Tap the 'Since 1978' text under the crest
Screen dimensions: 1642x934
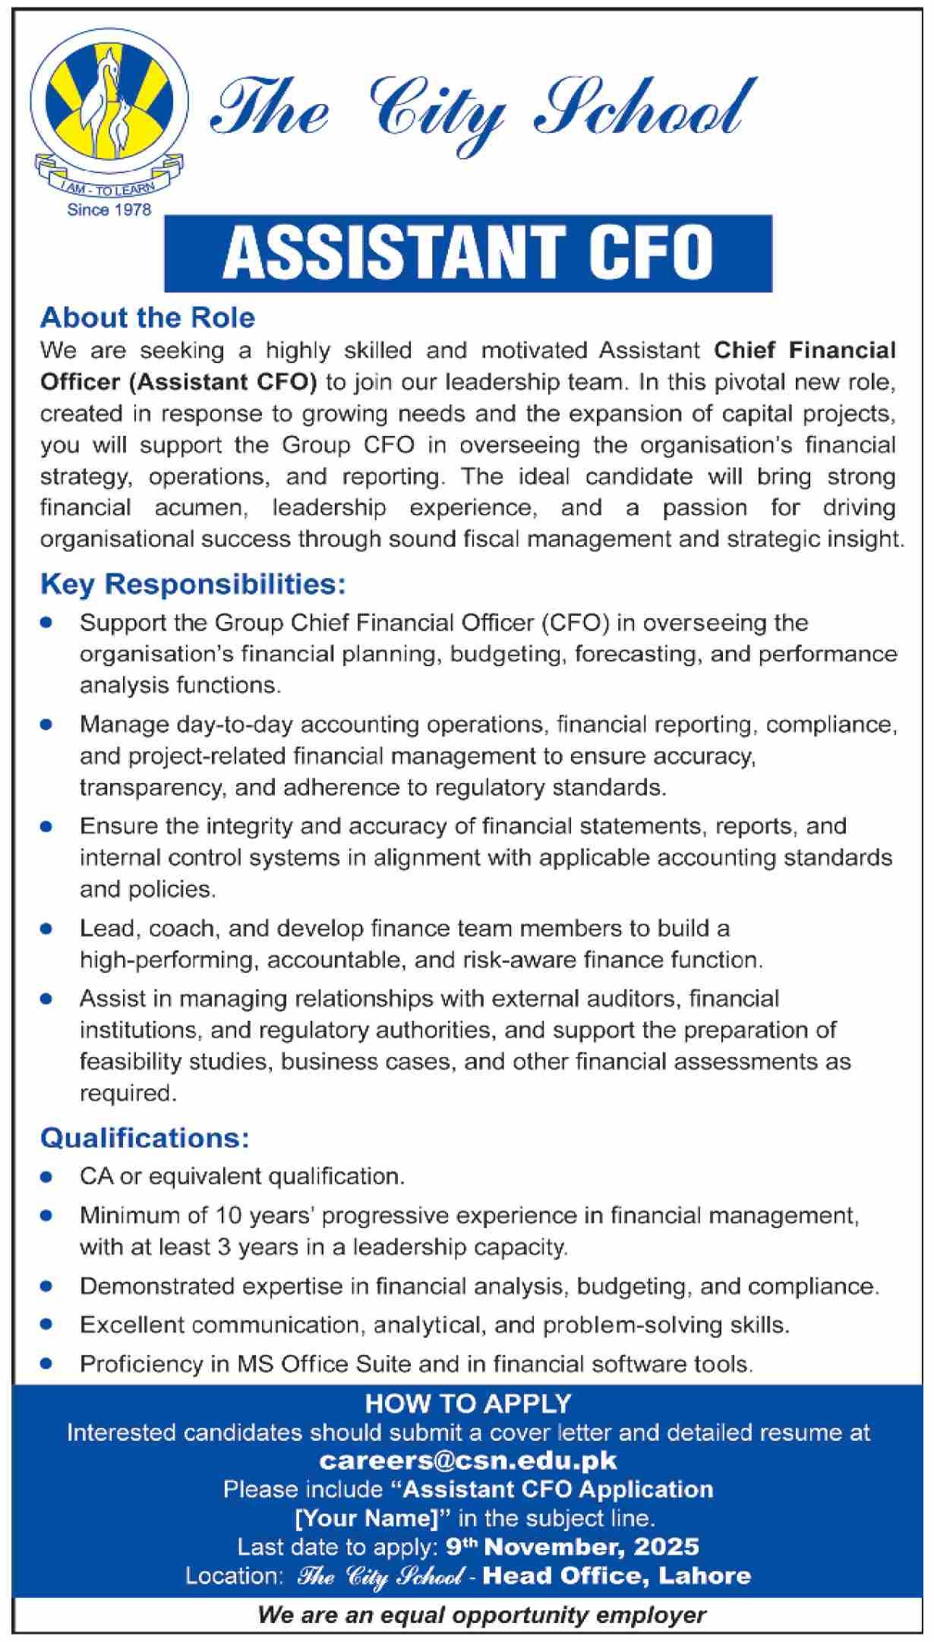(x=109, y=210)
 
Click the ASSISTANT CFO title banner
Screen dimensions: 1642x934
(x=468, y=253)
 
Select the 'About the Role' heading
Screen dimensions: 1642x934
(x=147, y=317)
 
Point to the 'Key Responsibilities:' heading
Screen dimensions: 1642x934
(x=193, y=584)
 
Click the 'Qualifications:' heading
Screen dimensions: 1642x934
(x=144, y=1138)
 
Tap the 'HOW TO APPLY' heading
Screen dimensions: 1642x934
(x=468, y=1404)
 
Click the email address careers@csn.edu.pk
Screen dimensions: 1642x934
(x=468, y=1460)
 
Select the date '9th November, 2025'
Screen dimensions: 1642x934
(x=573, y=1546)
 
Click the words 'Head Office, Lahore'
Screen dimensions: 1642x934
(x=617, y=1576)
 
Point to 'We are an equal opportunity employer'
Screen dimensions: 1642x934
(x=481, y=1615)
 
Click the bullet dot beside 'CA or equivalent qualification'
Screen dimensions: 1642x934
(x=47, y=1177)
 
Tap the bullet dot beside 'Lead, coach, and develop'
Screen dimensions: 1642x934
(x=47, y=929)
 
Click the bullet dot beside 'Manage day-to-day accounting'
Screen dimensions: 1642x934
(x=47, y=725)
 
